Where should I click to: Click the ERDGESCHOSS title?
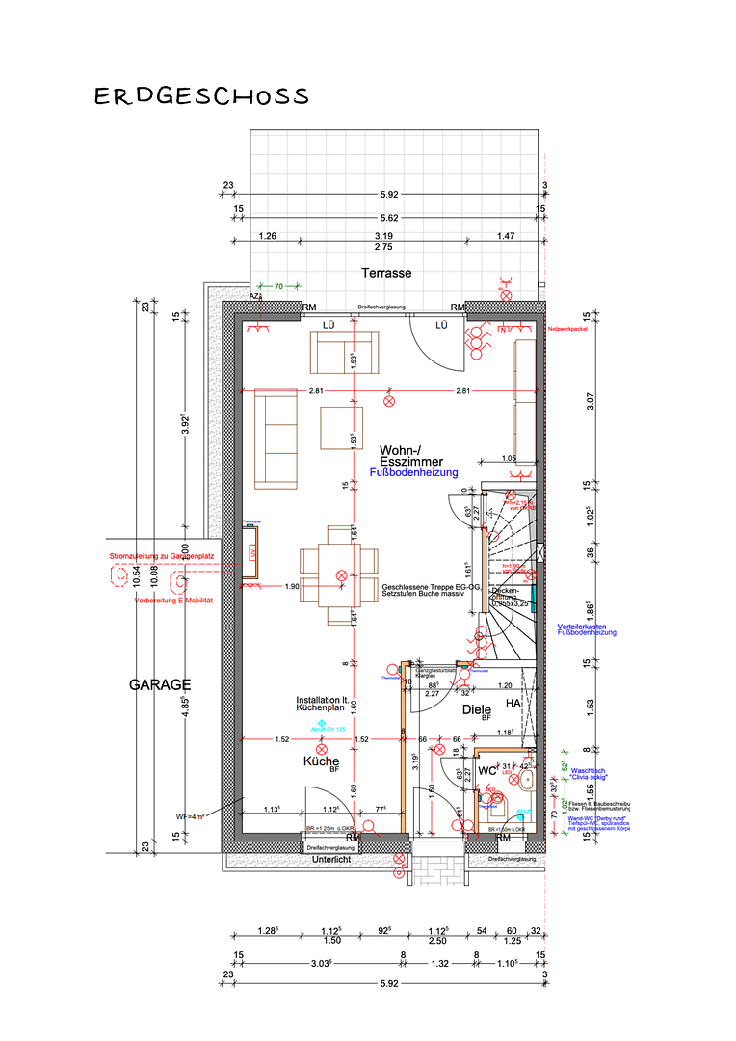(x=201, y=96)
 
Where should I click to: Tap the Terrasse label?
(x=386, y=273)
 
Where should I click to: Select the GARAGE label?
(x=160, y=684)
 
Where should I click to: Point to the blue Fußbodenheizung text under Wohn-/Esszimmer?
(x=413, y=473)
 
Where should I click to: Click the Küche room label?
(x=321, y=761)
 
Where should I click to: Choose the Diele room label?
(x=477, y=709)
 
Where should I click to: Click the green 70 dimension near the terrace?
(x=278, y=286)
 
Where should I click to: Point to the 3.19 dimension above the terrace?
(x=383, y=236)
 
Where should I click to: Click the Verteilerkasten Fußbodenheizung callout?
(x=587, y=629)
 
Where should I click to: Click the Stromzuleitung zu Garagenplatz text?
(x=161, y=557)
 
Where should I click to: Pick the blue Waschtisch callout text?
(x=587, y=772)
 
